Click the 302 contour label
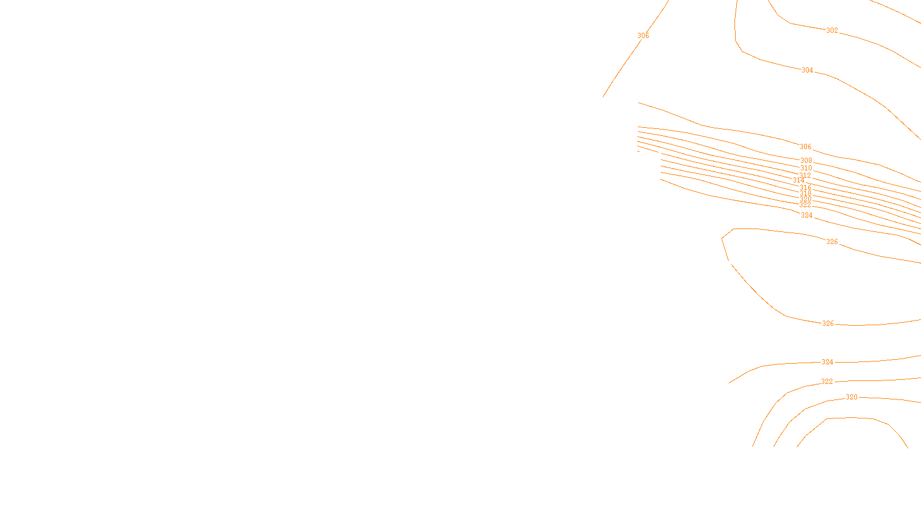(832, 31)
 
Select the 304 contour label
(807, 70)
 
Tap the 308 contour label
(806, 161)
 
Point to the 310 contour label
(806, 168)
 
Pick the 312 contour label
(805, 176)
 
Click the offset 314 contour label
(798, 181)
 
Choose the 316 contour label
(805, 188)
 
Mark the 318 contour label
(805, 193)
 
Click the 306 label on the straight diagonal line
(643, 36)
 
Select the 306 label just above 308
(805, 147)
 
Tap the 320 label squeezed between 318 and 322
(805, 199)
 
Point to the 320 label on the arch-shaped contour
(851, 397)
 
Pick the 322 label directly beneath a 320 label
(805, 205)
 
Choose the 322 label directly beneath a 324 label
(827, 382)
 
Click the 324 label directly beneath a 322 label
(806, 215)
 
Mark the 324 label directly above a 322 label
(827, 362)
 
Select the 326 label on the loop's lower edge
(828, 323)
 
